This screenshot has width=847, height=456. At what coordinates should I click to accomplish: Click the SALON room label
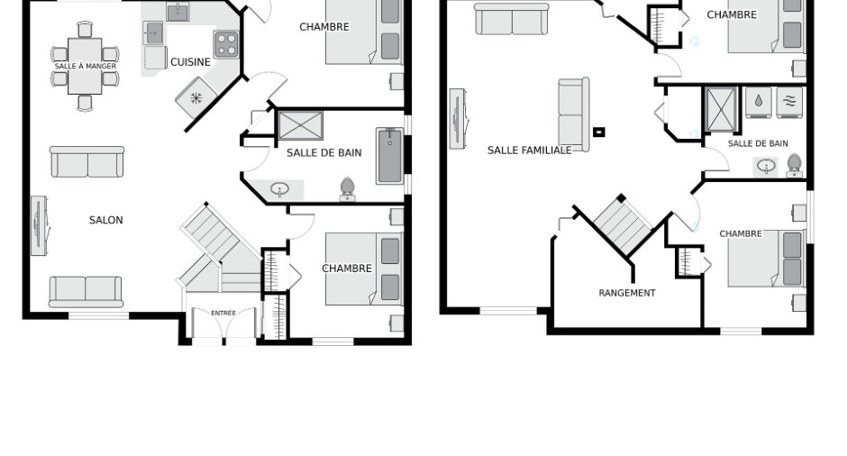pos(106,220)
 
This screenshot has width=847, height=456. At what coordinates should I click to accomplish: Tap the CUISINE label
pos(190,62)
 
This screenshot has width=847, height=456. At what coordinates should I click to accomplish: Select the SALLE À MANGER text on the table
pos(86,66)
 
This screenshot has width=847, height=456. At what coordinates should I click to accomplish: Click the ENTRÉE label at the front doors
pos(223,313)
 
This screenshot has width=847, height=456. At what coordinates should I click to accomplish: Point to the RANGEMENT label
pos(626,293)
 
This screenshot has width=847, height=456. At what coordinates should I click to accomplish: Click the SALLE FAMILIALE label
pos(530,150)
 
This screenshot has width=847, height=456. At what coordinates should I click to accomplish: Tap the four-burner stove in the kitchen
pos(226,44)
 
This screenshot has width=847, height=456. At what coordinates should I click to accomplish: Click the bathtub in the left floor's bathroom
pos(390,156)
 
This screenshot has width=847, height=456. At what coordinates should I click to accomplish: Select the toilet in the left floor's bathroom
pos(347,189)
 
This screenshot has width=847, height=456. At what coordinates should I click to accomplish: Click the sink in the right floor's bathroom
pos(766,167)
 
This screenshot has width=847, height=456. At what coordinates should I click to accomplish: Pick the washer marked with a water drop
pos(759,102)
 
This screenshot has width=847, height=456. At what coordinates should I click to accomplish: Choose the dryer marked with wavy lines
pos(789,102)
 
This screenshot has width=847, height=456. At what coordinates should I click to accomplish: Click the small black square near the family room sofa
pos(598,132)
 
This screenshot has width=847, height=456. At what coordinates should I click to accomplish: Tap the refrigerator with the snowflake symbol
pos(196,98)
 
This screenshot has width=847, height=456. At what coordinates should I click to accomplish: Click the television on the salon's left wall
pos(40,225)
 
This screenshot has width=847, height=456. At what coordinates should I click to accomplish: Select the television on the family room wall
pos(458,118)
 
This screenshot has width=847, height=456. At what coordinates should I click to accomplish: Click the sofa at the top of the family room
pos(512,19)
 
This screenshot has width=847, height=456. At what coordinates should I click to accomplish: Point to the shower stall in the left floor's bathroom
pos(300,125)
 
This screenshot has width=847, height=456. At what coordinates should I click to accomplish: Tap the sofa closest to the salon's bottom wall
pos(86,292)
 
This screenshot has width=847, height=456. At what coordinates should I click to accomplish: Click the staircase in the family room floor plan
pos(623,224)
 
